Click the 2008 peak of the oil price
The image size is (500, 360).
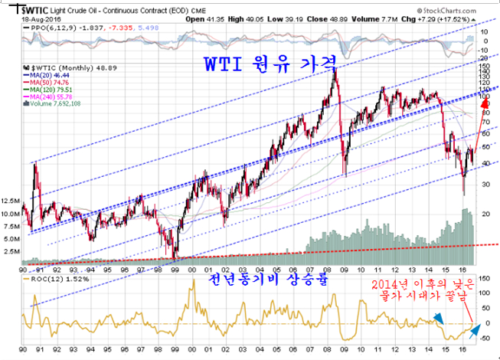[334, 68]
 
